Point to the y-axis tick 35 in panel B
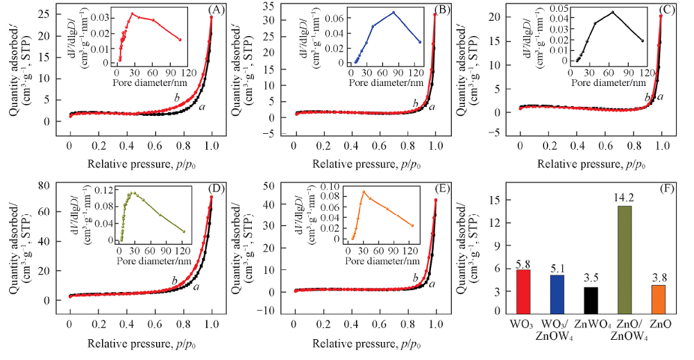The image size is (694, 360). click(x=273, y=10)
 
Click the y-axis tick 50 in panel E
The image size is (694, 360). click(x=273, y=187)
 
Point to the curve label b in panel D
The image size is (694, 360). click(x=174, y=280)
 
